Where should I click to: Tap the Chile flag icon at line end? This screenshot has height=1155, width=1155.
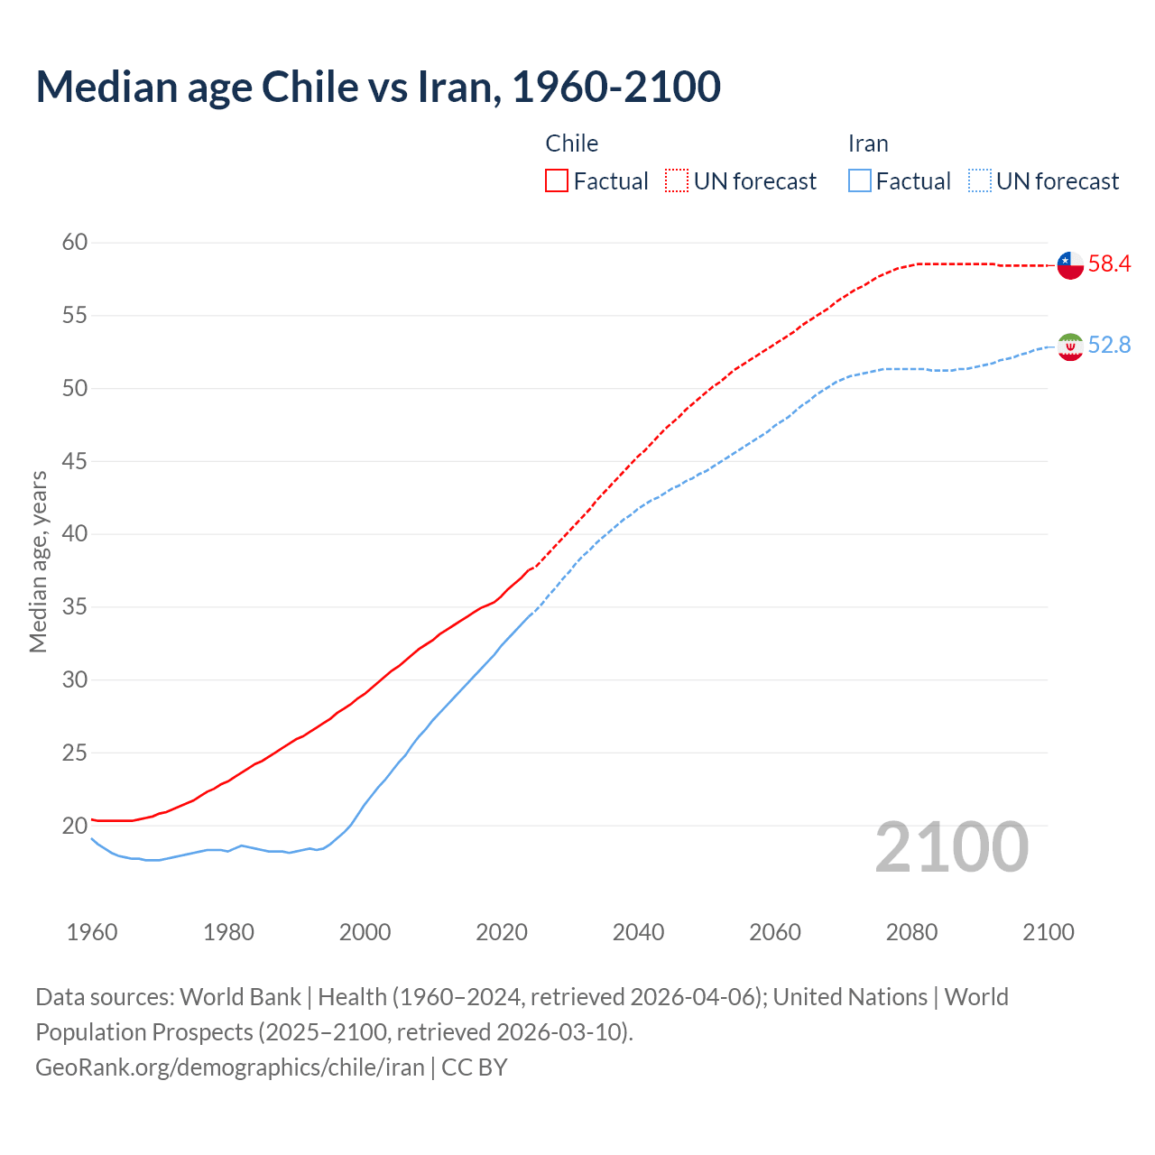1070,265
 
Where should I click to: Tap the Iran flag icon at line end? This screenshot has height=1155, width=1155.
1070,346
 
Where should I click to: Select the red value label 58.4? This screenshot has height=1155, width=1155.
1109,264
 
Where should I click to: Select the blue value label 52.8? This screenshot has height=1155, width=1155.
1109,346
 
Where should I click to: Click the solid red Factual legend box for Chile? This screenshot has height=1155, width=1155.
557,181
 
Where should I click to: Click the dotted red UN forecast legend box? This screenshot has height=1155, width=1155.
677,181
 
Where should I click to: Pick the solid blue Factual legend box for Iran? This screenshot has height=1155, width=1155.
860,181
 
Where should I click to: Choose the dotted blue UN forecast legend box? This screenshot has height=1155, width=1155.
980,181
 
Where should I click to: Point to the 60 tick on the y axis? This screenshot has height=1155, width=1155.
75,243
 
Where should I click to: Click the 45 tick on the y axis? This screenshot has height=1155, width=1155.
75,462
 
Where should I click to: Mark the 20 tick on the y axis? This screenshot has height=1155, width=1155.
75,826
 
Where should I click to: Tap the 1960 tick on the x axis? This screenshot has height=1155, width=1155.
92,932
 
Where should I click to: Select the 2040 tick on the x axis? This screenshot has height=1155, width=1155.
638,932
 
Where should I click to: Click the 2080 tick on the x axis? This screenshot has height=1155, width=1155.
911,932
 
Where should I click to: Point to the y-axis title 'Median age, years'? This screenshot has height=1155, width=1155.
38,561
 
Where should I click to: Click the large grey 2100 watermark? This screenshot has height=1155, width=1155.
952,847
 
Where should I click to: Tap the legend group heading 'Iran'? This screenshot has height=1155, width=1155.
868,143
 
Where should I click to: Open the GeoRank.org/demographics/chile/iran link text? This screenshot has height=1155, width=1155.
230,1067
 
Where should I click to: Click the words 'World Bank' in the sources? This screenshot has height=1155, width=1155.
240,997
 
